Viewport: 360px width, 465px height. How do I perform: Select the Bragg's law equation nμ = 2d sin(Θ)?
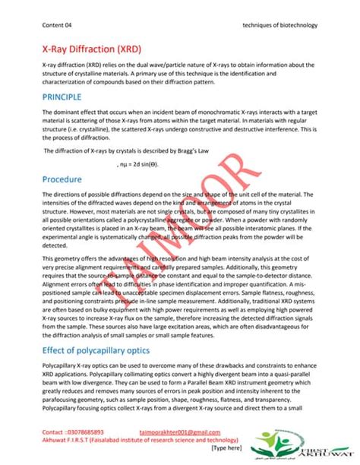pyautogui.click(x=141, y=163)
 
